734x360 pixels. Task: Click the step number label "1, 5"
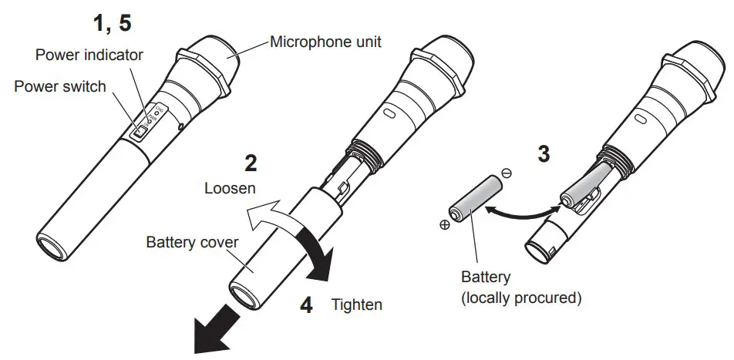(113, 23)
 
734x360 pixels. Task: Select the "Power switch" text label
(60, 86)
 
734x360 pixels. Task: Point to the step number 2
(250, 163)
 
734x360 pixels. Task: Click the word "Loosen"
(231, 187)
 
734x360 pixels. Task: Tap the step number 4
(306, 304)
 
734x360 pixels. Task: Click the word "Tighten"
(356, 304)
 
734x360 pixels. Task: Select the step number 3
(544, 154)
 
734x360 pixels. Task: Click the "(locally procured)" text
(520, 297)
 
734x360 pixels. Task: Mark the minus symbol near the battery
(506, 175)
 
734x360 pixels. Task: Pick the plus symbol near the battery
(445, 226)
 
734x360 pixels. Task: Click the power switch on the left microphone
(139, 133)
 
